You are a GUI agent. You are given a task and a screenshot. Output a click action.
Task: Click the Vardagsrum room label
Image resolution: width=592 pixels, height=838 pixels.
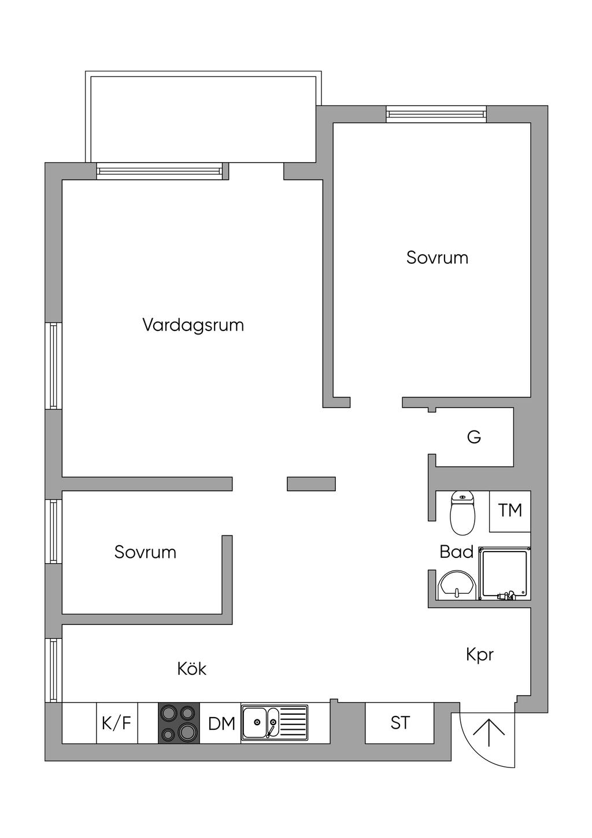193,325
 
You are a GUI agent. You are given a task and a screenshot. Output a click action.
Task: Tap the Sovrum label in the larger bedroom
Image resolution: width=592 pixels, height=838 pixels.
437,258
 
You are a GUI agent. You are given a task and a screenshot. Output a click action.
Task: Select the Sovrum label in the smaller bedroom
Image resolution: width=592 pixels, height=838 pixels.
145,552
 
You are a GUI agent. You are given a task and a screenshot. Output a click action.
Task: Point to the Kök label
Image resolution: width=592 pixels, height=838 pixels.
192,668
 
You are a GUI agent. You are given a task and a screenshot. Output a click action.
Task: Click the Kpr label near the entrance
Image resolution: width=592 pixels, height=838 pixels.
480,655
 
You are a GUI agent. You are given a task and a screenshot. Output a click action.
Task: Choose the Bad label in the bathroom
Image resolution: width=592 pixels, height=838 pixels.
456,552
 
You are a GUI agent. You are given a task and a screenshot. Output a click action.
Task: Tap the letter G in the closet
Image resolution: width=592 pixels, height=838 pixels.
474,436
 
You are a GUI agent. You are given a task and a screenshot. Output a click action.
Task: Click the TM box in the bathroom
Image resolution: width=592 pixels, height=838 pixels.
510,511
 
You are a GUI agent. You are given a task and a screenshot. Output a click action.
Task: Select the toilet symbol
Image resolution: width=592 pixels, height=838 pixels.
462,513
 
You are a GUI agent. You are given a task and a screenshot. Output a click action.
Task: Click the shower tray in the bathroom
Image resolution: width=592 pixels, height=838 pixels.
504,573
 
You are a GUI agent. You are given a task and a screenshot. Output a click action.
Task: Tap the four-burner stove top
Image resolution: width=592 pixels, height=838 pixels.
179,723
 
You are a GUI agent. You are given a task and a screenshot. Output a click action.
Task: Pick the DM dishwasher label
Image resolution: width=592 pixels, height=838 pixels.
221,723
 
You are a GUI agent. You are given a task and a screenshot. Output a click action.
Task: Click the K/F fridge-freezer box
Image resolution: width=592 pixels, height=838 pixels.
117,723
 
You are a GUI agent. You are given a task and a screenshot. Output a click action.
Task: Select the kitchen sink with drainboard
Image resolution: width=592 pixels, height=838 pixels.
275,723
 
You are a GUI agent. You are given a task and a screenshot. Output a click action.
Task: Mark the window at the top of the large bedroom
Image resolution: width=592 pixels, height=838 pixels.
436,114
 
